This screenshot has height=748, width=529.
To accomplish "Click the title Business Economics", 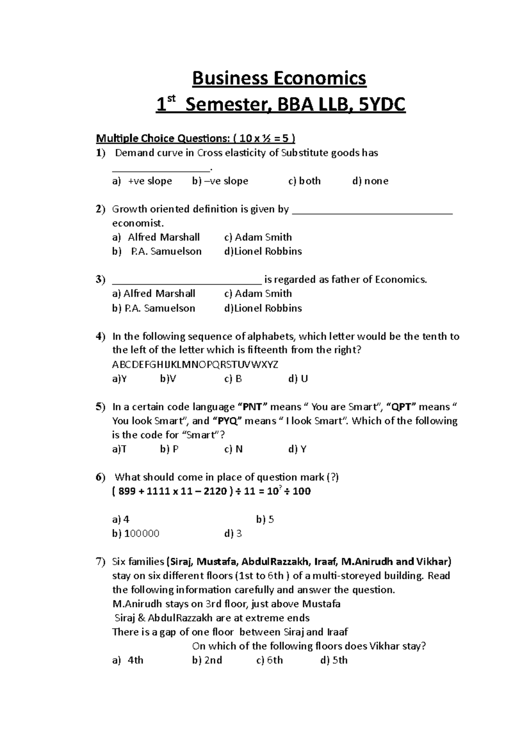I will point(279,79).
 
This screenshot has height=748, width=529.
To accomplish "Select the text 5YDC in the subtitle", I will point(382,106).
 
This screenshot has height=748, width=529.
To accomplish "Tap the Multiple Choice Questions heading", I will point(196,139).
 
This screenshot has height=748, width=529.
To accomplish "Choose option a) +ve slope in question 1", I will point(142,181).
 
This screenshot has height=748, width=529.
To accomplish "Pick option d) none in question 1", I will point(370,181).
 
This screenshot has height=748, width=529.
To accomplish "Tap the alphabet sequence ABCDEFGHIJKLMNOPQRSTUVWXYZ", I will point(195,365).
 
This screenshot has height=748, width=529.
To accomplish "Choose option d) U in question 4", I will point(298,379).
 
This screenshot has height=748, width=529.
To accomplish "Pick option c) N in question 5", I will point(234,449).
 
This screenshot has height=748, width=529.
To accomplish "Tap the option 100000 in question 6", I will point(142,534).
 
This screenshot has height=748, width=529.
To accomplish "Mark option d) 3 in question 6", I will point(233,534).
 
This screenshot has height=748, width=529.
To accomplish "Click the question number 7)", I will point(101,562).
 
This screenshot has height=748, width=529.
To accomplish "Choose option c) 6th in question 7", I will point(269,660).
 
